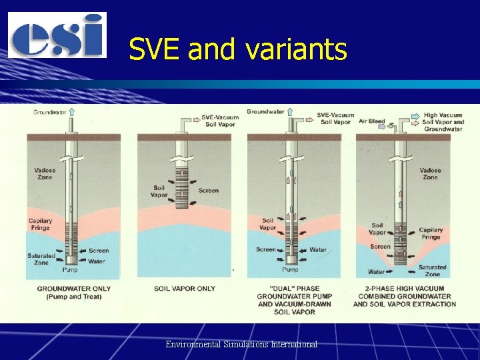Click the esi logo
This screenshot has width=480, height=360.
click(x=57, y=35)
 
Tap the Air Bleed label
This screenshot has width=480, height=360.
click(x=371, y=121)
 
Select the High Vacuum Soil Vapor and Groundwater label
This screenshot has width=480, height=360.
click(x=443, y=122)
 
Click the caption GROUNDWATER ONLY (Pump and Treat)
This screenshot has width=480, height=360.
click(x=74, y=293)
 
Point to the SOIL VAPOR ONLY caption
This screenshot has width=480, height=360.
click(x=185, y=289)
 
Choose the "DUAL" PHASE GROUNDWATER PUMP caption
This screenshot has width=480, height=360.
click(x=295, y=300)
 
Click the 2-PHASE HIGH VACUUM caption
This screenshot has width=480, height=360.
click(x=405, y=296)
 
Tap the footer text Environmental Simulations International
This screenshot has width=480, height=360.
click(x=241, y=344)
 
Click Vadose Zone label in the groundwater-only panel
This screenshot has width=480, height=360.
click(x=45, y=174)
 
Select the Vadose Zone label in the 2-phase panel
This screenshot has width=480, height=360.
click(x=431, y=174)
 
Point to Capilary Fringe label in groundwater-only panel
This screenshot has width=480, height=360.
click(x=40, y=225)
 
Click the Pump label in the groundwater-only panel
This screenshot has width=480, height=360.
click(x=70, y=271)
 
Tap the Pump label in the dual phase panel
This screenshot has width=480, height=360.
click(x=290, y=270)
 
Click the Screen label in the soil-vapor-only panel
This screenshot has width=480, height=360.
click(x=208, y=190)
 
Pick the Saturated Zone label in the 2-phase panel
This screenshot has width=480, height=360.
click(x=433, y=271)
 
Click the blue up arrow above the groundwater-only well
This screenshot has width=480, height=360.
click(x=72, y=112)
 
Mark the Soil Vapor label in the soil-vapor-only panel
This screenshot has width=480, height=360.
click(x=159, y=191)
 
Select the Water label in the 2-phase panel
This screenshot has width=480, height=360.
click(x=377, y=271)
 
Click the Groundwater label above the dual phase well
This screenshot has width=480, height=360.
click(x=265, y=112)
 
